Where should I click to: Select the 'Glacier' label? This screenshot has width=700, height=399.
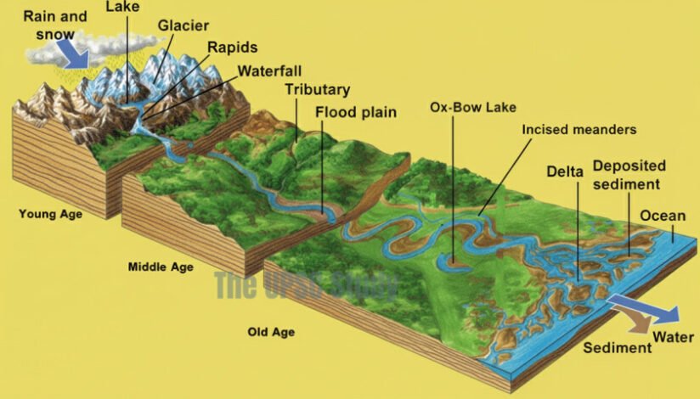click(183, 25)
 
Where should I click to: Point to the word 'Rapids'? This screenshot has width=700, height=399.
click(233, 48)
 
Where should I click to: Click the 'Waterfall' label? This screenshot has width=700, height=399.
click(269, 70)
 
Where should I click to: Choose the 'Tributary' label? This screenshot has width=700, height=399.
click(317, 89)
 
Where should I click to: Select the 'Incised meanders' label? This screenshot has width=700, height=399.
click(579, 130)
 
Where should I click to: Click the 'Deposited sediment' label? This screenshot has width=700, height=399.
click(629, 174)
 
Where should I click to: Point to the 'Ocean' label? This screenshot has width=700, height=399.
click(663, 216)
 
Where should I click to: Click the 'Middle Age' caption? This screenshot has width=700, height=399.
click(161, 267)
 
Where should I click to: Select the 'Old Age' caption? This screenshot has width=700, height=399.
click(271, 332)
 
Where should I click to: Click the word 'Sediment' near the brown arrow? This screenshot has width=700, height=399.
click(618, 348)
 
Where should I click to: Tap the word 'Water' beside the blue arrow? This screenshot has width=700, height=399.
click(675, 337)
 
